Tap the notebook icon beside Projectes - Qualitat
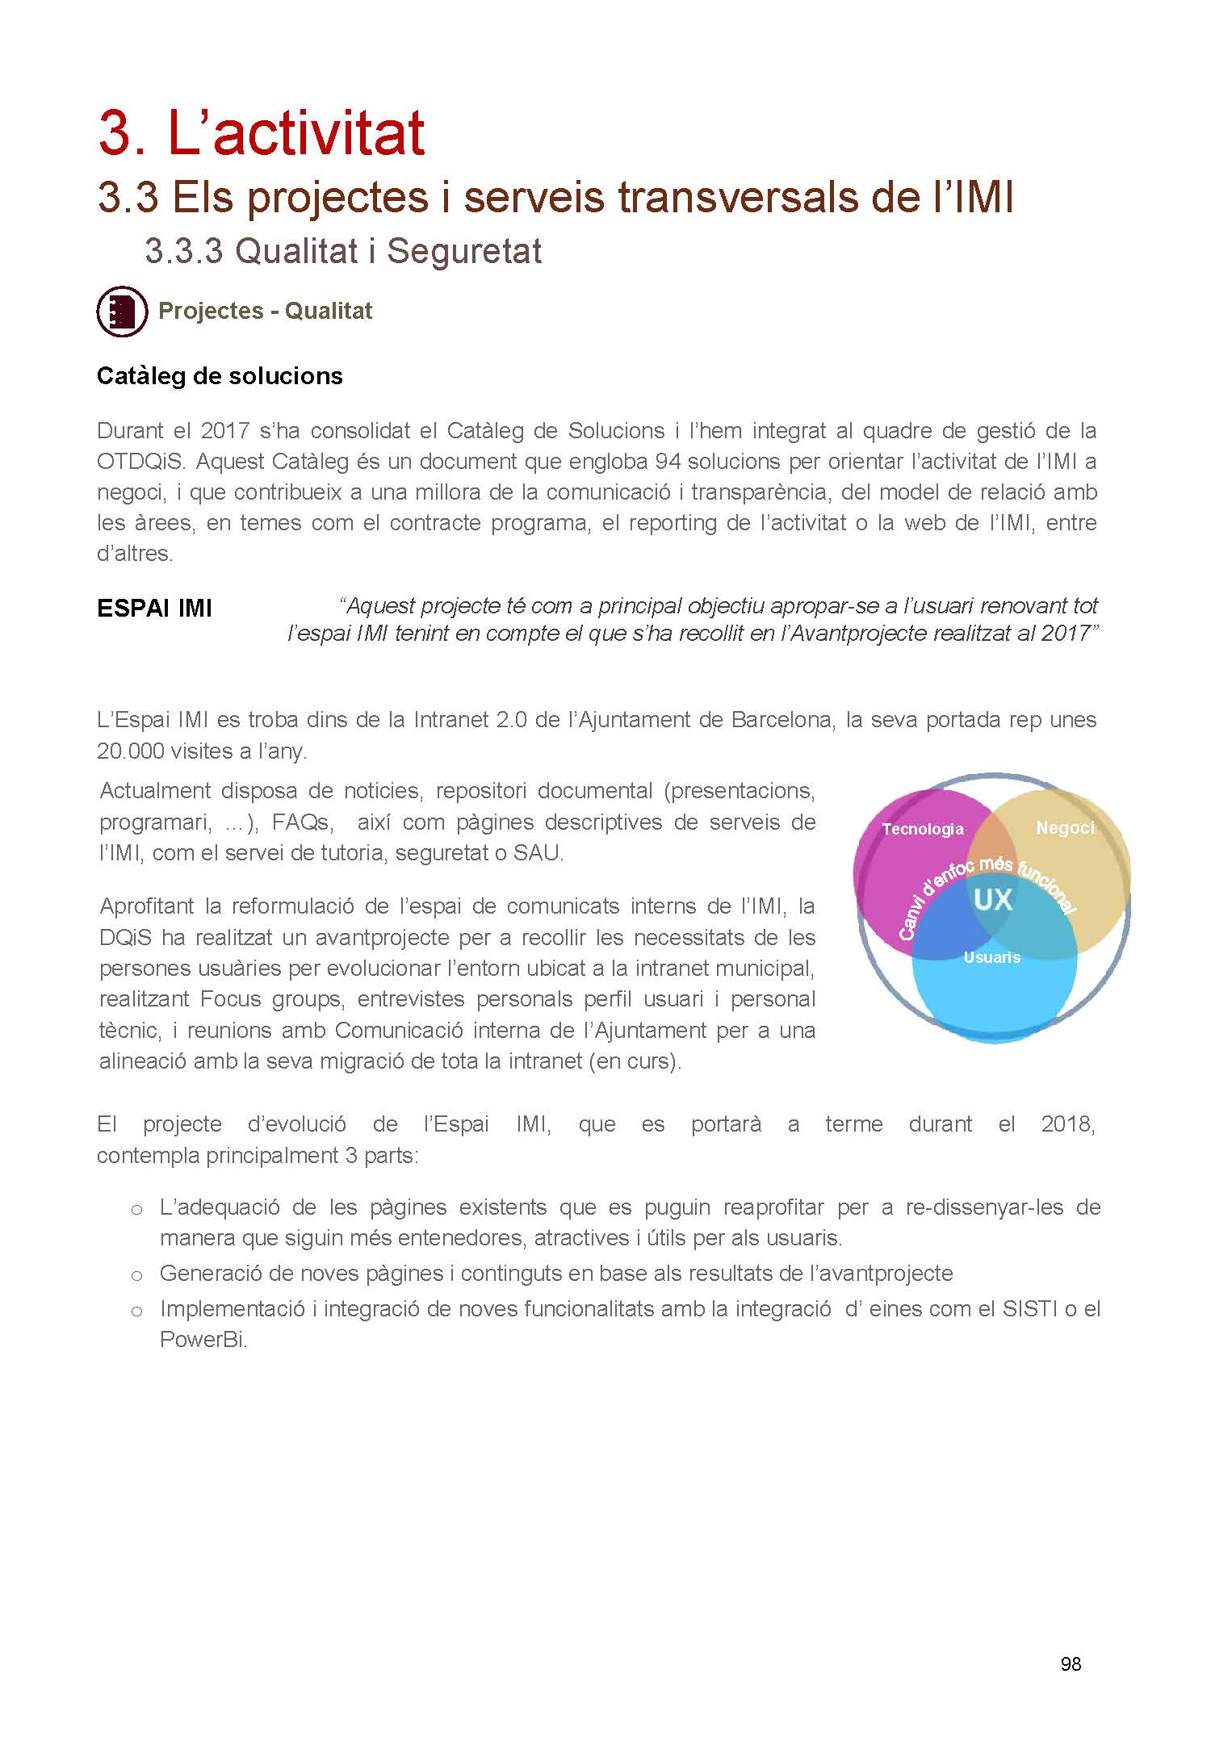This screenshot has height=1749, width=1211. [122, 311]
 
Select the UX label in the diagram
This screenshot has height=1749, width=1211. [992, 899]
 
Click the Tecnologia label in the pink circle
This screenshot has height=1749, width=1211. [922, 829]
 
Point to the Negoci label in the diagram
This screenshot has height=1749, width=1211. [1065, 827]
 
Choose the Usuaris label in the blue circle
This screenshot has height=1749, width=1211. [991, 957]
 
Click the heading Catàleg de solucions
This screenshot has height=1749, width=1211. [220, 376]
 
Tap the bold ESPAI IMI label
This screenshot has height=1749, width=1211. [154, 609]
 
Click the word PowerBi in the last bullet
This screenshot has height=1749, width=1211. [203, 1340]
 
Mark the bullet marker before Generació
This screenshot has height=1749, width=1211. [136, 1275]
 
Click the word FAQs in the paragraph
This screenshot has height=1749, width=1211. [301, 822]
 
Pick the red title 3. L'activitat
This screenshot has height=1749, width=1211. [262, 133]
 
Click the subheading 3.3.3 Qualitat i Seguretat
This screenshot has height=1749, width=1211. [343, 251]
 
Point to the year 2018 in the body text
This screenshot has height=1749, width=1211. [1067, 1124]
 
